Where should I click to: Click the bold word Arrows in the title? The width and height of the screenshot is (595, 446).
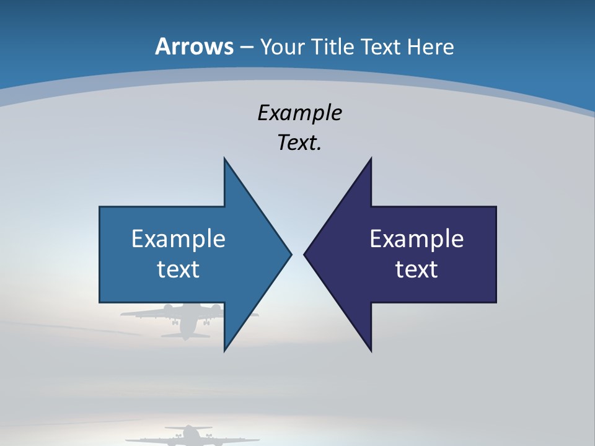coord(194,46)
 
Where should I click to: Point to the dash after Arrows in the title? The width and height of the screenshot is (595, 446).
coord(246,47)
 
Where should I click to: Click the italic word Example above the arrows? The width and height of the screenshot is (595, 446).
coord(299,113)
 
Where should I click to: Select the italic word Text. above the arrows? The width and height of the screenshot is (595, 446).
coord(299,143)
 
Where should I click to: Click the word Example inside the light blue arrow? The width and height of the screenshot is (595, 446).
coord(178,239)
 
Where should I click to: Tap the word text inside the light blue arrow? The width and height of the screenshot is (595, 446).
coord(178,269)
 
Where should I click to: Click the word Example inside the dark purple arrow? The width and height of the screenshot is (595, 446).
coord(416,239)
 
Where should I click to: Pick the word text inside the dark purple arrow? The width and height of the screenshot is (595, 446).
coord(416,269)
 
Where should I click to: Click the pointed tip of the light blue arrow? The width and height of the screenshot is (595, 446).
coord(291,254)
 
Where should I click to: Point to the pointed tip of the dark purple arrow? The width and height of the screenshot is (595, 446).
coord(305,254)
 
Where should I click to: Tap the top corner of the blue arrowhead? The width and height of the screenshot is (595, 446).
coord(225,159)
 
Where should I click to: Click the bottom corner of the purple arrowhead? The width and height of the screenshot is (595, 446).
coord(371,351)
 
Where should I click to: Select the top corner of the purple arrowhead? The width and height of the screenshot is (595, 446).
coord(371,159)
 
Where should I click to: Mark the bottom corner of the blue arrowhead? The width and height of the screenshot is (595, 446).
coord(225,351)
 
